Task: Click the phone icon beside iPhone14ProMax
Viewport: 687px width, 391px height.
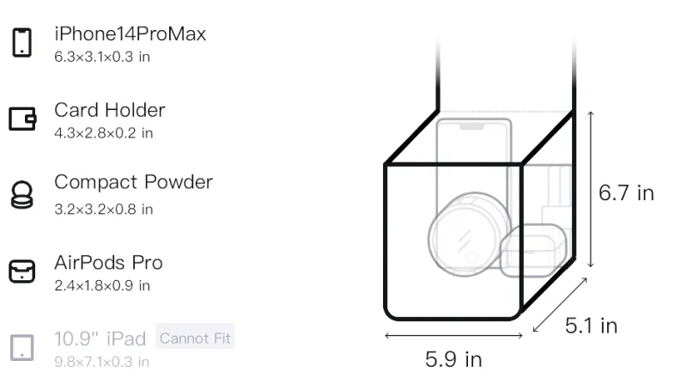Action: click(22, 42)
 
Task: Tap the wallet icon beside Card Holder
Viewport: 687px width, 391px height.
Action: click(22, 119)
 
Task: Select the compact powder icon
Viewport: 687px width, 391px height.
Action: click(22, 194)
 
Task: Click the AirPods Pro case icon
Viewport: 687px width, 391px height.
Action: click(22, 271)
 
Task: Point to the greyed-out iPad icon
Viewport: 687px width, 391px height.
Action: click(22, 348)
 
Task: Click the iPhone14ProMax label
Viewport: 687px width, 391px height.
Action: click(131, 34)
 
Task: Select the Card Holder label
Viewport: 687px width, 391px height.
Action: click(110, 110)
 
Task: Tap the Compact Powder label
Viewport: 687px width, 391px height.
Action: click(133, 182)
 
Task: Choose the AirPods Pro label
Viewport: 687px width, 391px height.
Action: click(108, 263)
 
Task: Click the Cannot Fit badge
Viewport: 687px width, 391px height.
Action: click(195, 338)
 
